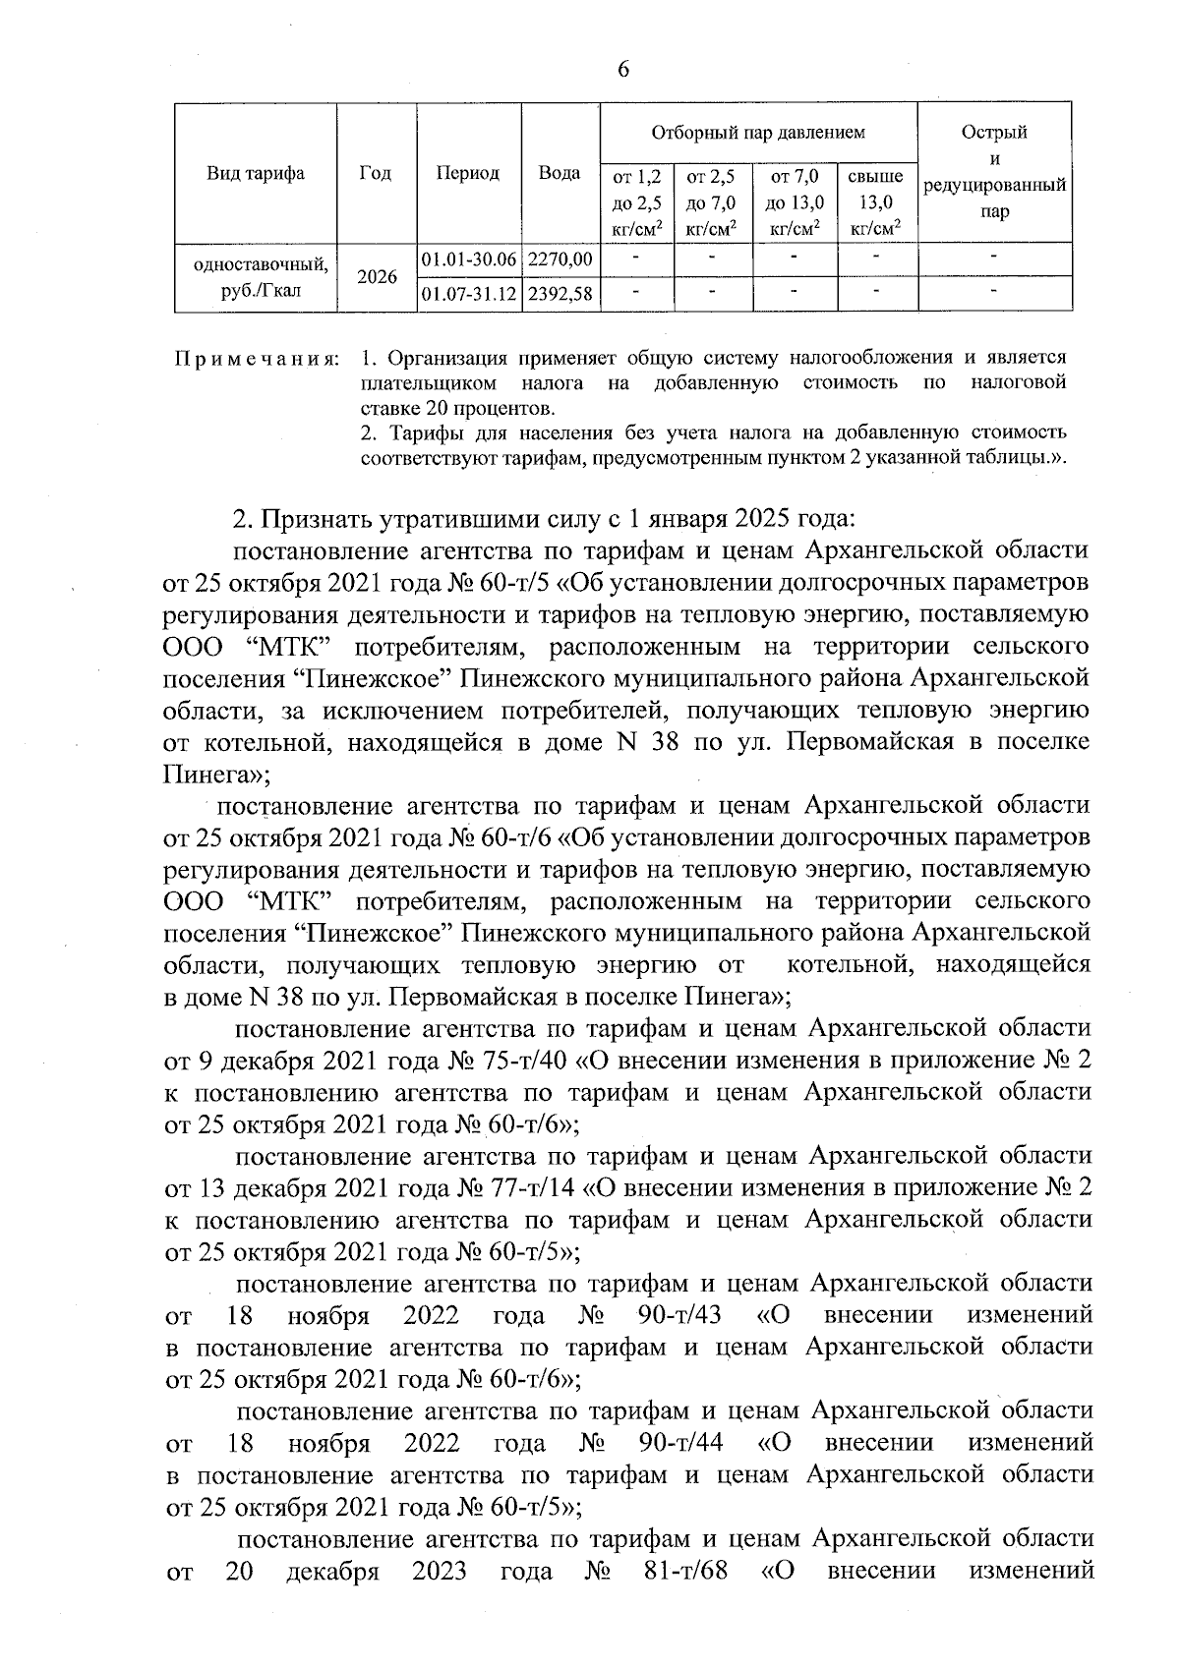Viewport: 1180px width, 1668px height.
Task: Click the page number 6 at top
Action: click(623, 68)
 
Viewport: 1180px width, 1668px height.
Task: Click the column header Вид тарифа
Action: click(256, 173)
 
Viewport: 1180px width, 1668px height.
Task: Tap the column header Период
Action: click(468, 173)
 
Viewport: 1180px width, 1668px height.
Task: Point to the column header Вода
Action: click(560, 173)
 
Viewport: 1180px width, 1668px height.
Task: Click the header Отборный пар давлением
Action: click(757, 131)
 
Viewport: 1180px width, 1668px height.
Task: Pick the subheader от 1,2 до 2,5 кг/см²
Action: click(636, 203)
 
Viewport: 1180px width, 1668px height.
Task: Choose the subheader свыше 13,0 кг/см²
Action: click(875, 203)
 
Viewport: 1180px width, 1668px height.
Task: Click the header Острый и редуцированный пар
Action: click(994, 172)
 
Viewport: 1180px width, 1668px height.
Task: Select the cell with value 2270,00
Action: click(560, 260)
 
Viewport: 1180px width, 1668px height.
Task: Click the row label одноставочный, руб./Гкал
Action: click(256, 277)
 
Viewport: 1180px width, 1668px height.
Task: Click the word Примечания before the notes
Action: click(257, 356)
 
